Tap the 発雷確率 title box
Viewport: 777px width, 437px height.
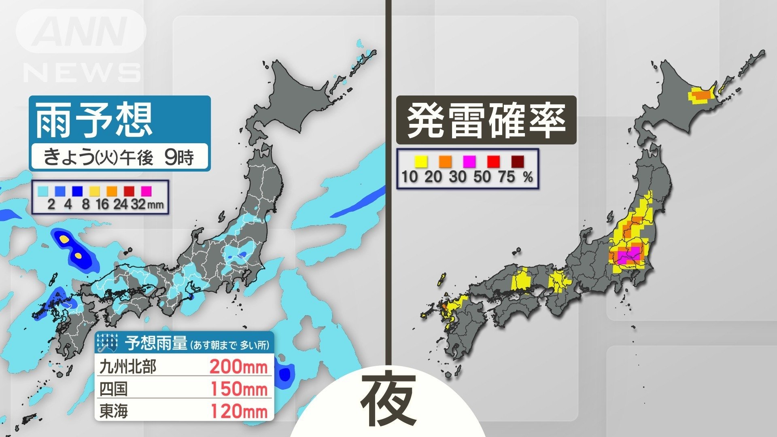click(486, 120)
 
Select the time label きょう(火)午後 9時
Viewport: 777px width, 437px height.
click(119, 157)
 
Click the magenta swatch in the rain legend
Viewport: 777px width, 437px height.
click(146, 191)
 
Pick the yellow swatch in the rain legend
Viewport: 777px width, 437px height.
click(94, 191)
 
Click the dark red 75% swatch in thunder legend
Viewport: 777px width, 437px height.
click(517, 162)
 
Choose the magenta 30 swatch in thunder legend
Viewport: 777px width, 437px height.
click(469, 162)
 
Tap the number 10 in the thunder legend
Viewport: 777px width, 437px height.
click(409, 177)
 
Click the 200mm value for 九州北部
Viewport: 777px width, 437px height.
click(238, 367)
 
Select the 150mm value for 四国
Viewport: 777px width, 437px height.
click(239, 389)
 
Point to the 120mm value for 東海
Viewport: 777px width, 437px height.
click(239, 411)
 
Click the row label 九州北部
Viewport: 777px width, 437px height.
click(128, 367)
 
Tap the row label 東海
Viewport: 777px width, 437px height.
click(114, 411)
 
